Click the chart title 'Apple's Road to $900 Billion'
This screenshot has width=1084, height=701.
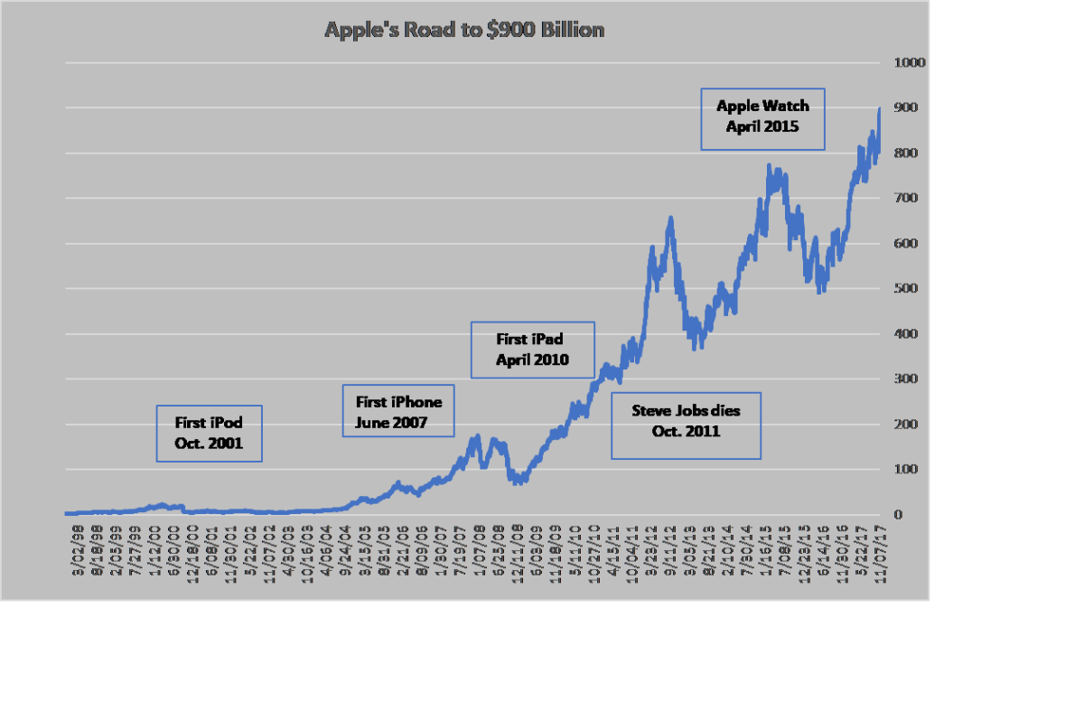464,30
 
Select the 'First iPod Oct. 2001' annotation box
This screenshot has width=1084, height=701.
209,433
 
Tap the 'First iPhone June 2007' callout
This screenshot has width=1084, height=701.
398,411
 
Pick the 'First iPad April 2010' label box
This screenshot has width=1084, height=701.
533,350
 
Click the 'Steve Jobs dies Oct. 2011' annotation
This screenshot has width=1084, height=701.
686,421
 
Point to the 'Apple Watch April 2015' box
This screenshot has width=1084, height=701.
763,117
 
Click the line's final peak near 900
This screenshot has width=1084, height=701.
879,108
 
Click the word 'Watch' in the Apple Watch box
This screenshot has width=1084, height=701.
788,106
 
